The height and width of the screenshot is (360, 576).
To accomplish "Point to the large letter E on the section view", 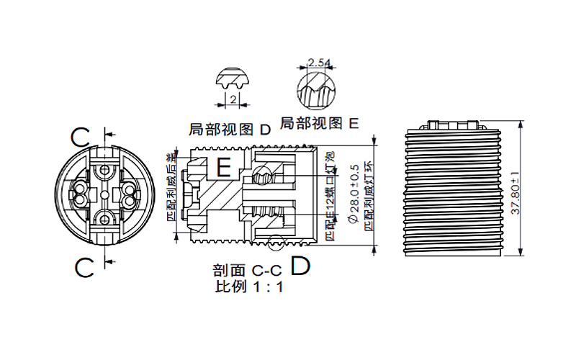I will point(224,168).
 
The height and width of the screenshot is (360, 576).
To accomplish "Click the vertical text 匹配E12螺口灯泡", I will point(330,196).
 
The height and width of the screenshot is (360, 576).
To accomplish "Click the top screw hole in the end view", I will point(106,169).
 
